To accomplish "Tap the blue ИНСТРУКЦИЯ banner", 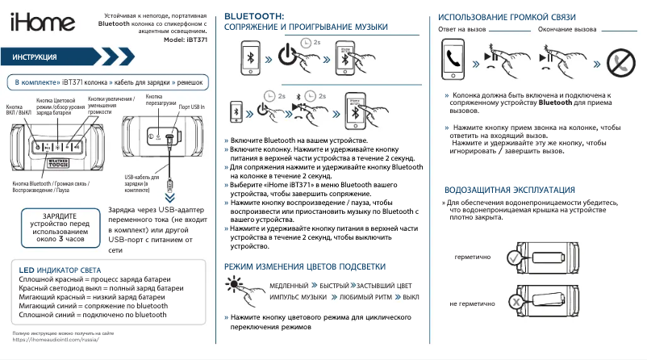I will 56,58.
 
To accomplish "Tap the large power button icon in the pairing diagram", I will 290,58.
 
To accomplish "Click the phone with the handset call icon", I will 454,60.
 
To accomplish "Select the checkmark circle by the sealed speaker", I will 514,257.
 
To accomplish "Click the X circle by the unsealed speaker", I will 514,303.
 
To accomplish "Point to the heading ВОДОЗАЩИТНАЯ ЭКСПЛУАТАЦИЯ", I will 510,189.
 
